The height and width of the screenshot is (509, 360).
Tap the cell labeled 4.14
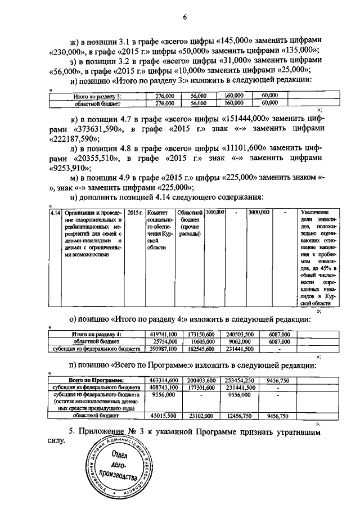[56, 213]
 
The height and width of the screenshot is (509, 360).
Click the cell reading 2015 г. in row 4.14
[135, 213]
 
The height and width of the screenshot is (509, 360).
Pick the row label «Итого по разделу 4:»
[92, 334]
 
